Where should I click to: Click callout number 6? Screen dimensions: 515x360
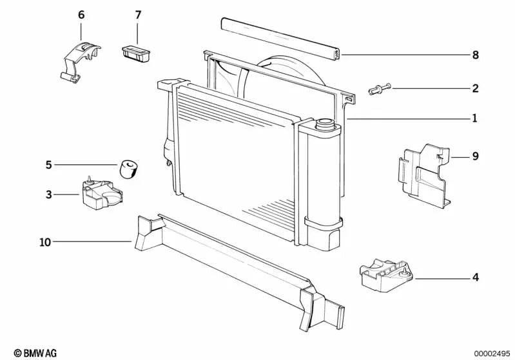[81, 15]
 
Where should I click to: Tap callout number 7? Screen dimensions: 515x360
[138, 15]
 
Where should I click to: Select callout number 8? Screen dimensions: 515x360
[475, 55]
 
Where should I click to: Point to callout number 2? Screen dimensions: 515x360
[475, 88]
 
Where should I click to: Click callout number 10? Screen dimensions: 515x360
[45, 242]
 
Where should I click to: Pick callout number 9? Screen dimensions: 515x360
[475, 156]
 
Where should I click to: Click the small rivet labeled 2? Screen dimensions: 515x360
[380, 89]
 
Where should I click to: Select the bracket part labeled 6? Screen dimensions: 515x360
[80, 62]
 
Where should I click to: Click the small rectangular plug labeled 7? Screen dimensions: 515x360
[136, 54]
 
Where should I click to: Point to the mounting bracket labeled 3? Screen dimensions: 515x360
[101, 193]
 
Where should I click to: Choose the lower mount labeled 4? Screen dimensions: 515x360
[386, 275]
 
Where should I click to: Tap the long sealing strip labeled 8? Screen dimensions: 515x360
[281, 39]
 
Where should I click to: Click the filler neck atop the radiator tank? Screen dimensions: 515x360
[324, 124]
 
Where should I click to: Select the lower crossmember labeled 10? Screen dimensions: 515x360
[240, 272]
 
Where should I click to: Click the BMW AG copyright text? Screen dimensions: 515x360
[35, 353]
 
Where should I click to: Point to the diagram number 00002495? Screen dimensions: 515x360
[492, 354]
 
